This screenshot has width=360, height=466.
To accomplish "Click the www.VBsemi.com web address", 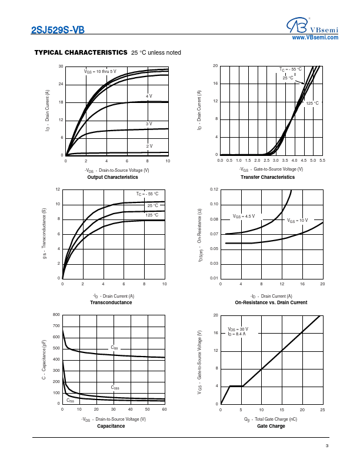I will pyautogui.click(x=315, y=37).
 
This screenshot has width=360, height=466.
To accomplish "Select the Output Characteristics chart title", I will pyautogui.click(x=112, y=177).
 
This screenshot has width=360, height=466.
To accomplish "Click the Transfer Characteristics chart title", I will pyautogui.click(x=268, y=177).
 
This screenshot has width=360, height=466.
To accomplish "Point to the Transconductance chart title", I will pyautogui.click(x=111, y=302).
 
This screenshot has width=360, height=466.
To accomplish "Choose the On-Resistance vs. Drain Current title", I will pyautogui.click(x=271, y=302).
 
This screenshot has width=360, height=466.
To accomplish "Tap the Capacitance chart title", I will pyautogui.click(x=111, y=426).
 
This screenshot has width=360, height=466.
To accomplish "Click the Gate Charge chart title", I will pyautogui.click(x=271, y=426).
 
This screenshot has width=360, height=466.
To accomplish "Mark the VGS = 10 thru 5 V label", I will pyautogui.click(x=100, y=71).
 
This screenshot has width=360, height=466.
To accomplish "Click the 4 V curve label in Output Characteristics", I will pyautogui.click(x=149, y=95).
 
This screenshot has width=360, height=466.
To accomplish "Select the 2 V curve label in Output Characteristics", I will pyautogui.click(x=149, y=145).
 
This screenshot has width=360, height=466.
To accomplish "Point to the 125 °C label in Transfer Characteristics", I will pyautogui.click(x=312, y=103).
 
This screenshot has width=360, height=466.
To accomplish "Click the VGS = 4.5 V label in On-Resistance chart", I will pyautogui.click(x=244, y=216).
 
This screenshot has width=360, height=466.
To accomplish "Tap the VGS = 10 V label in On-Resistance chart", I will pyautogui.click(x=297, y=220).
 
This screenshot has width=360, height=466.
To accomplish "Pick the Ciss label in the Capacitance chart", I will pyautogui.click(x=114, y=348).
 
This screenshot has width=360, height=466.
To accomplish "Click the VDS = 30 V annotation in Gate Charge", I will pyautogui.click(x=238, y=329).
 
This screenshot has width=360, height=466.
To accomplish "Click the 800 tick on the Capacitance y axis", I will pyautogui.click(x=56, y=315).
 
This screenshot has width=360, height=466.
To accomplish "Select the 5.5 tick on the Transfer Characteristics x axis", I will pyautogui.click(x=322, y=160).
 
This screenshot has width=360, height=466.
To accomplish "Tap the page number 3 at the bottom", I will pyautogui.click(x=326, y=445).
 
